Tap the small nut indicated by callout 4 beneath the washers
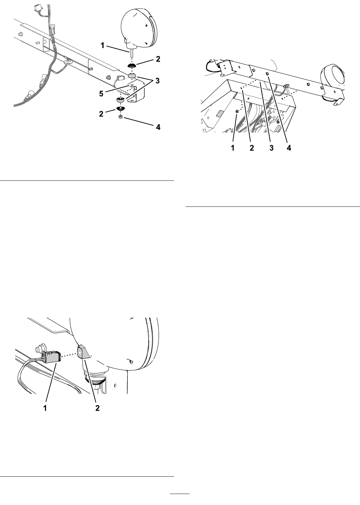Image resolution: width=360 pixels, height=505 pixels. click(120, 117)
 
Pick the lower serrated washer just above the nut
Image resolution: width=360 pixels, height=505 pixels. click(120, 109)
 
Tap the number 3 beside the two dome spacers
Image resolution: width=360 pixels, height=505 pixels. click(157, 81)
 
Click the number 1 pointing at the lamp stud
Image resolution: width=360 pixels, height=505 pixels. click(103, 46)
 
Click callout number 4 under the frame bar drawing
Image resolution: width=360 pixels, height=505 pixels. click(289, 148)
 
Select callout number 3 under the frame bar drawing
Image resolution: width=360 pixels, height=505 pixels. click(271, 148)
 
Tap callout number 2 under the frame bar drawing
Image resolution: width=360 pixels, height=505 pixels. click(252, 148)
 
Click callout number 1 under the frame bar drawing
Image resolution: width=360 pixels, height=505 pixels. click(233, 148)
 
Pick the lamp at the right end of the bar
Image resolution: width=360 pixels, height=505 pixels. click(333, 83)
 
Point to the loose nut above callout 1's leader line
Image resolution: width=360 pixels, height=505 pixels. click(237, 111)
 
